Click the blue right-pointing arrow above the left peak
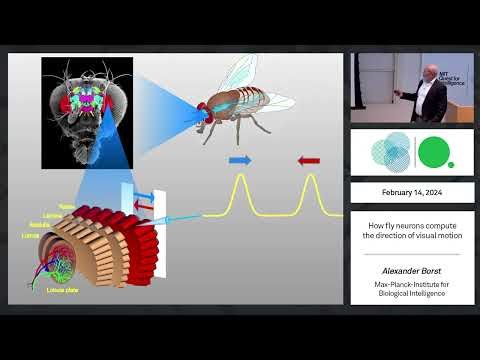pos(240,159)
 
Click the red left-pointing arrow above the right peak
pos(308,159)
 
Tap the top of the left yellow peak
pos(240,177)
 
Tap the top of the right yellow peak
pos(310,177)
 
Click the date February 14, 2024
pos(412,192)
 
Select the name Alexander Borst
pos(412,270)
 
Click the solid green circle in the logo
pos(433,152)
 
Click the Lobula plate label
pos(62,290)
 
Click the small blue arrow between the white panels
pos(142,198)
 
